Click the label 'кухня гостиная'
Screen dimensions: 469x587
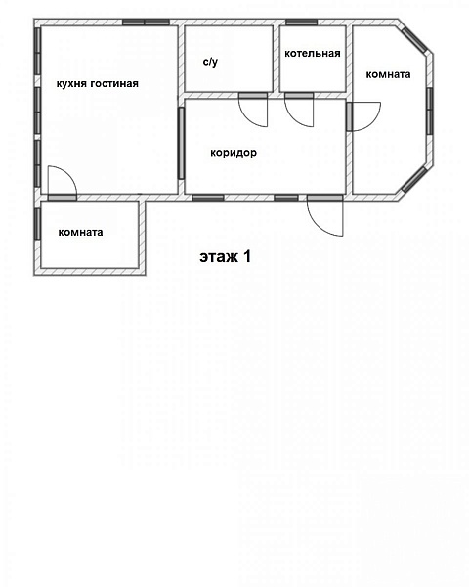(98, 83)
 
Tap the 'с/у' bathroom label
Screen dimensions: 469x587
(210, 62)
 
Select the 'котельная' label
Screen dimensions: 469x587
(313, 54)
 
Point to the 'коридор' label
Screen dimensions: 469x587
(234, 153)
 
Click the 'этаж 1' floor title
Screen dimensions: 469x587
(226, 256)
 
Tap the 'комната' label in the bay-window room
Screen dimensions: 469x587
(388, 74)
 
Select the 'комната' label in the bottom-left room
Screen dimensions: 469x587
(80, 232)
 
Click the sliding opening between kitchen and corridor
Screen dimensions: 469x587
(182, 144)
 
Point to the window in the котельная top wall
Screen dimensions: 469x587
(302, 23)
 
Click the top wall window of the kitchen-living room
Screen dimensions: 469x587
(146, 23)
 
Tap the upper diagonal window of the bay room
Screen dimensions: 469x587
(414, 39)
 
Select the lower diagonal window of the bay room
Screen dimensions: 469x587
(414, 180)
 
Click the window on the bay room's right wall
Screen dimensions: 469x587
(430, 111)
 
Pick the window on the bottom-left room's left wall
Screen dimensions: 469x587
(37, 224)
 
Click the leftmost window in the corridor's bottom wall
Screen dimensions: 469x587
(208, 198)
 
